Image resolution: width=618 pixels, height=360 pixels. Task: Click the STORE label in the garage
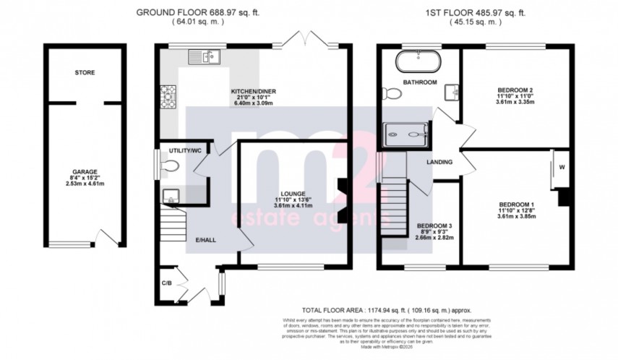(85, 73)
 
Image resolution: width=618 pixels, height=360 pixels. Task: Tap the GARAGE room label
(85, 173)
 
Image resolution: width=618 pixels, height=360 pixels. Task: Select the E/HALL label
(205, 239)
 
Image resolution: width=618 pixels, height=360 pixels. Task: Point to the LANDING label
(439, 162)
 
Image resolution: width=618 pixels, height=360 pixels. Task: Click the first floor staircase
(395, 202)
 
